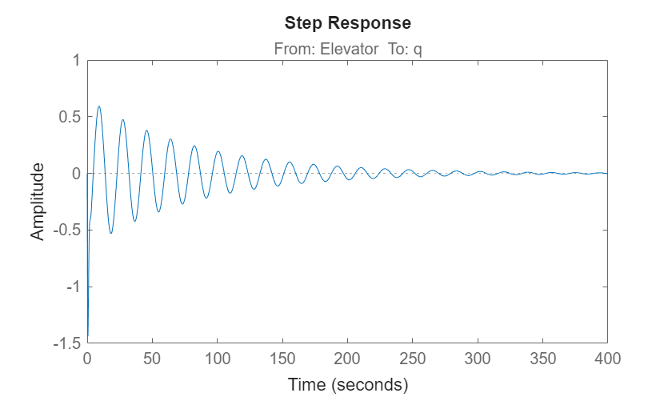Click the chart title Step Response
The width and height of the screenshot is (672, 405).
pos(347,23)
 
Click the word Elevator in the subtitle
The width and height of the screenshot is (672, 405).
pos(349,49)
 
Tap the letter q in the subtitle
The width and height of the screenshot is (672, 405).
pos(418,50)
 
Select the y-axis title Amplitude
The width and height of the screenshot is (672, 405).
pos(38,201)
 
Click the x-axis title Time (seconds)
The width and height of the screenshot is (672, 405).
pos(347,385)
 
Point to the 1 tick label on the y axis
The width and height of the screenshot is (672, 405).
pos(75,61)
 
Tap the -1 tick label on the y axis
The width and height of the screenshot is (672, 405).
pos(73,287)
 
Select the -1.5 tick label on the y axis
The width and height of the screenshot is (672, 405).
pos(66,343)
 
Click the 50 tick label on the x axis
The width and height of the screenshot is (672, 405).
pos(152,359)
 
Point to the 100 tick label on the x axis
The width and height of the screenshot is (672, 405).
pos(217,359)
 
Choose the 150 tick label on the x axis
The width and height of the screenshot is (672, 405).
pos(282,359)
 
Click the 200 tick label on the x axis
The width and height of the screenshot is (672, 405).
pos(347,359)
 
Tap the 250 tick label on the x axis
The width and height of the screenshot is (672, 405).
pos(412,359)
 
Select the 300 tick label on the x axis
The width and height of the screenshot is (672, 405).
pos(478,359)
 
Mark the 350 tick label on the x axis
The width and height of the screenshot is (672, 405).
pos(542,359)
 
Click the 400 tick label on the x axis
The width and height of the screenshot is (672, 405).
pos(607,359)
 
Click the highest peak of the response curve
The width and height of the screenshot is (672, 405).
pos(99,106)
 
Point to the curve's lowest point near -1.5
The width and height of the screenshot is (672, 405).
pos(88,339)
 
